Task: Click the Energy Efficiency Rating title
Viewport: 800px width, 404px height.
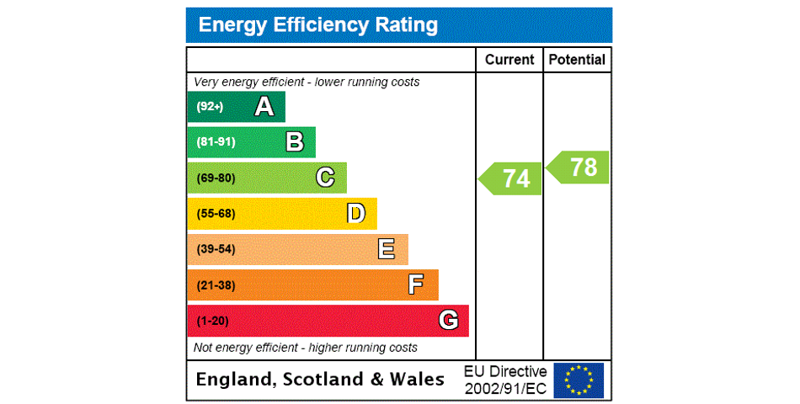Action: tap(317, 25)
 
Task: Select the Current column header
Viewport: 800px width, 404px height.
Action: tap(509, 60)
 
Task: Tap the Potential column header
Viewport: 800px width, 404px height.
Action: tap(577, 60)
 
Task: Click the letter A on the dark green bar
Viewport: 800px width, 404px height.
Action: tap(264, 107)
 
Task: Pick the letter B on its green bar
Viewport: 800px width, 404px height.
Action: tap(295, 142)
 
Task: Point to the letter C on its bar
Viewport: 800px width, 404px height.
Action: tap(325, 178)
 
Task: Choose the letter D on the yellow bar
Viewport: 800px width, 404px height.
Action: tap(356, 214)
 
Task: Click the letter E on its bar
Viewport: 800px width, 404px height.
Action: tap(387, 249)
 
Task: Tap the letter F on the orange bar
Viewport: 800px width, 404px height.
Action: tap(416, 285)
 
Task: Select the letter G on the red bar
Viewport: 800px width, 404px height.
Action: tap(448, 321)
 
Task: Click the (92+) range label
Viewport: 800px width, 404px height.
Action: tap(210, 107)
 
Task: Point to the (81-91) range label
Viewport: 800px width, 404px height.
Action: tap(216, 142)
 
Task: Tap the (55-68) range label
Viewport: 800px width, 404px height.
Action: tap(216, 214)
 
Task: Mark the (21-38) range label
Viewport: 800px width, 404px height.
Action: tap(216, 285)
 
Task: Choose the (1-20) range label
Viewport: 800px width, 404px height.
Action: tap(212, 321)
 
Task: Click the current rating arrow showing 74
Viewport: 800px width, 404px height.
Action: tap(511, 178)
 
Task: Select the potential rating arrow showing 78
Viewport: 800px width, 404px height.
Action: tap(579, 167)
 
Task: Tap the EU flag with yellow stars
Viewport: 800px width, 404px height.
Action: tap(579, 380)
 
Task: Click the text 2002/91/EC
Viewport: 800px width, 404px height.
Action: tap(505, 388)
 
